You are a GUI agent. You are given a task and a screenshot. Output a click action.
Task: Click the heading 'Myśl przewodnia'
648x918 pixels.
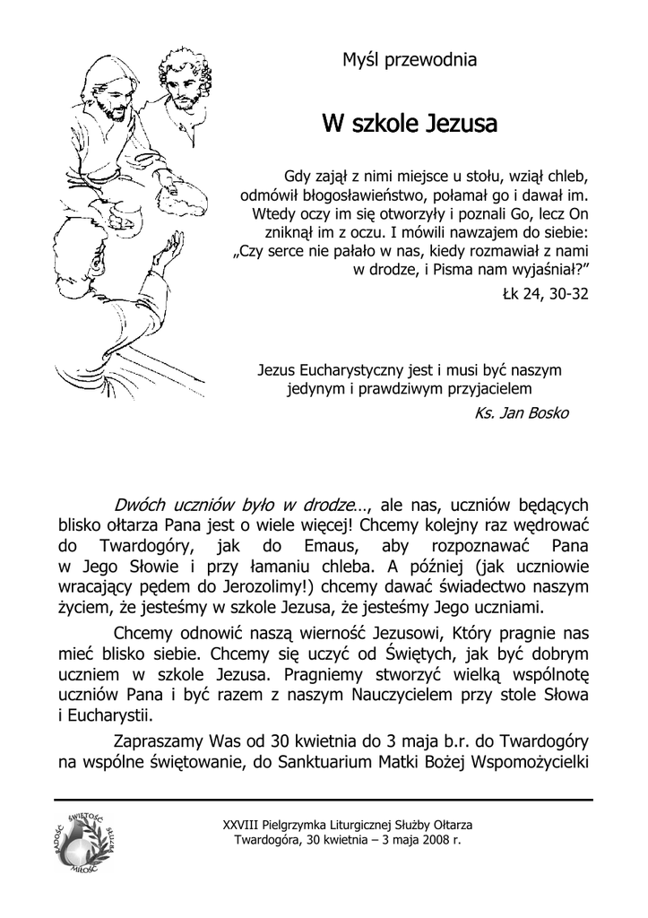[x=410, y=61]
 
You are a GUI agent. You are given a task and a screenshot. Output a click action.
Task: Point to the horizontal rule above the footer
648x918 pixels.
[x=324, y=799]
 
